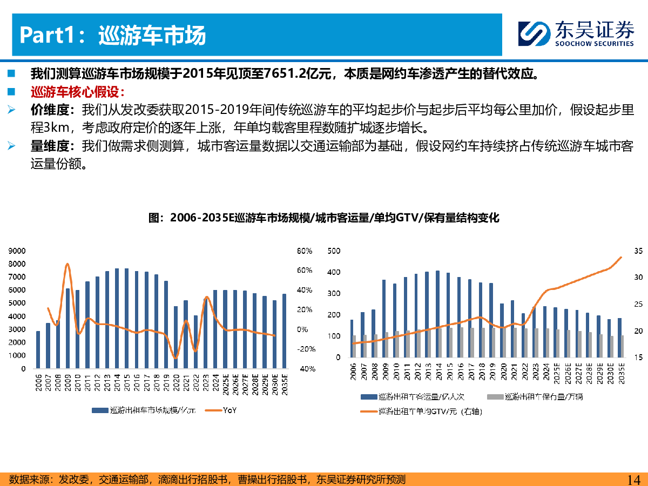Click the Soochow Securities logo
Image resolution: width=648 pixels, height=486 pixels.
click(x=576, y=34)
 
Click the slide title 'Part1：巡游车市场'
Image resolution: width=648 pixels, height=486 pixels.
click(x=113, y=36)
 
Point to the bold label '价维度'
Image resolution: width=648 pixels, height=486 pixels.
click(x=52, y=110)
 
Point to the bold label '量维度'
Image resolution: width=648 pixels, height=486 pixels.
click(x=52, y=146)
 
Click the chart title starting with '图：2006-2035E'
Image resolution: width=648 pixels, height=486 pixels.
click(x=324, y=218)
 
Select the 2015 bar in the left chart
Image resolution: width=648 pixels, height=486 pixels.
click(x=127, y=319)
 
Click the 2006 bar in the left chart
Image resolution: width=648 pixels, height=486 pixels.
click(x=38, y=350)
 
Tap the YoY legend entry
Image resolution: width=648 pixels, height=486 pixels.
click(x=222, y=410)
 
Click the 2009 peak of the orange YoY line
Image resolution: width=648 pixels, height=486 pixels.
click(x=67, y=264)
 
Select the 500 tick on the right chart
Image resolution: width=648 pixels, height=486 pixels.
click(x=334, y=251)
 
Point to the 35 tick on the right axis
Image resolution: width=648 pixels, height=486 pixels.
click(x=638, y=251)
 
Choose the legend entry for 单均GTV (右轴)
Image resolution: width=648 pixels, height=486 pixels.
click(x=421, y=411)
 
